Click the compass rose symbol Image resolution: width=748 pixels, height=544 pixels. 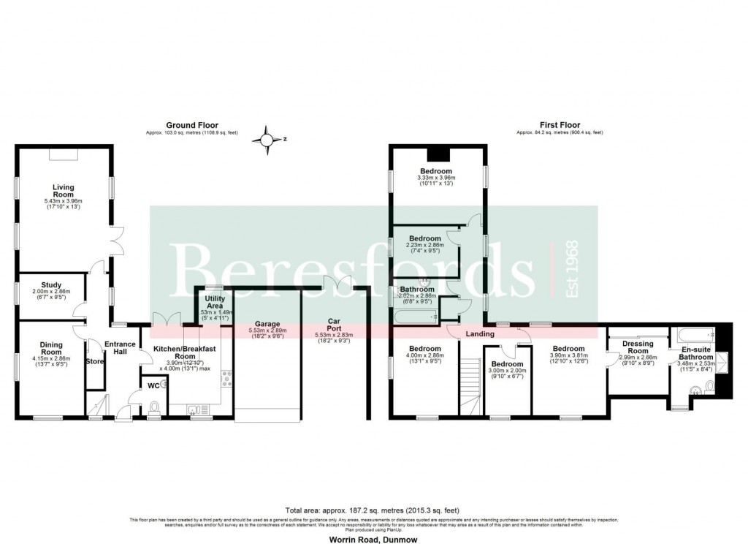pos(267,139)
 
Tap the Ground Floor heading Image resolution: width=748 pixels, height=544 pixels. pos(191,126)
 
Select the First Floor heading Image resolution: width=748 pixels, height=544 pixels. pos(560,126)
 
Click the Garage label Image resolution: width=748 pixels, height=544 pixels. pos(268,323)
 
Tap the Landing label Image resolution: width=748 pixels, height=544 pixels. pos(481,334)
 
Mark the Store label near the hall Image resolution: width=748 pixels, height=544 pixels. pos(94,361)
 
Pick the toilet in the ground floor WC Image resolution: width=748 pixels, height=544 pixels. pos(154,407)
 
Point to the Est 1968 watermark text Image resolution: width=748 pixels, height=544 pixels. pos(573,269)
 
